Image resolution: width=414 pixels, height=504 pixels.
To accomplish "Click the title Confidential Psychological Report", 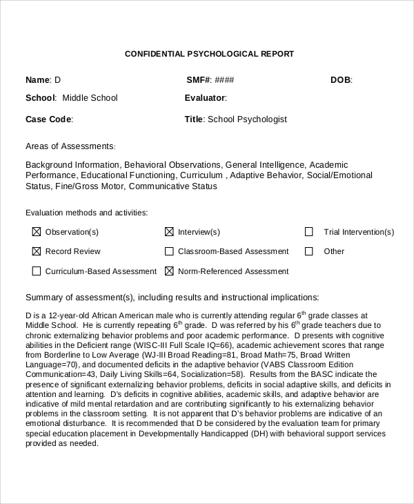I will point(209,54).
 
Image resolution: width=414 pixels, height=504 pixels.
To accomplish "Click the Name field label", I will point(38,80).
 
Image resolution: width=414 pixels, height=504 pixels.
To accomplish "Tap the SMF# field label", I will point(199,80).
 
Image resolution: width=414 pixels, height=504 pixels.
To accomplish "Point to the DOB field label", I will point(340,80).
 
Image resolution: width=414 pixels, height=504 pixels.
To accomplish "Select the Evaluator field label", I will point(205,98).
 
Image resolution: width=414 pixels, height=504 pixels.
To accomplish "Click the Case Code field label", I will point(48,119).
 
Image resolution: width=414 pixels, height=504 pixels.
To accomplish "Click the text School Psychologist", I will point(247,119).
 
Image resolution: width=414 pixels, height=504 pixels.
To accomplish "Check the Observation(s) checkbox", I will point(37,232).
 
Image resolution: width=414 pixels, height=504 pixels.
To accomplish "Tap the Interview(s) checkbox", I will point(169,232).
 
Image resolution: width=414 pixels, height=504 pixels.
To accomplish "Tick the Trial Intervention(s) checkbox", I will point(309,232).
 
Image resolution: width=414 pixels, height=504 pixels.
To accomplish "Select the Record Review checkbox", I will point(37,251).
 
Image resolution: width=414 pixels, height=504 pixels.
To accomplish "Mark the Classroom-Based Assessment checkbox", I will point(169,251).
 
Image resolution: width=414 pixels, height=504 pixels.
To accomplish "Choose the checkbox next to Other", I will point(309,251).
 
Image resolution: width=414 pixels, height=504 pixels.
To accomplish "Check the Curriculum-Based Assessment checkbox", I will point(37,271).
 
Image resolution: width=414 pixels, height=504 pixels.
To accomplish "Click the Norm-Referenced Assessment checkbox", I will point(169,271).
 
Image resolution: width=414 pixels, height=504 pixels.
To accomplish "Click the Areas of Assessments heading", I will point(70,146).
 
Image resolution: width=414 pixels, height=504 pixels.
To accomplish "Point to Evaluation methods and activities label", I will point(86,213).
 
